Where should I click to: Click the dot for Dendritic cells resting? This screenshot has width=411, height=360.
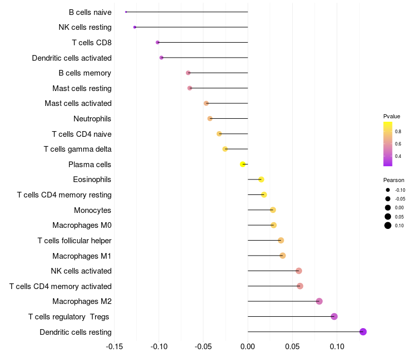click(x=363, y=332)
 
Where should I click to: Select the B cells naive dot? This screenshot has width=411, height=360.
click(x=126, y=12)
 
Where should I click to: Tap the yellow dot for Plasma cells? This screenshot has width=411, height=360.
click(x=243, y=164)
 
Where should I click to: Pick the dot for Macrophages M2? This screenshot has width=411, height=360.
click(x=319, y=301)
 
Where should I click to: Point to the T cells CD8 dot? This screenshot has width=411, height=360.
click(x=158, y=42)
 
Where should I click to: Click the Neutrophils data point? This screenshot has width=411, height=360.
click(x=210, y=118)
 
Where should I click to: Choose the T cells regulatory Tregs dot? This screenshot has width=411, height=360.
click(x=334, y=316)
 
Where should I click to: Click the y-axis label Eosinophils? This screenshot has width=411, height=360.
click(x=92, y=179)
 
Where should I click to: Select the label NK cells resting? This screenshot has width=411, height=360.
click(x=85, y=27)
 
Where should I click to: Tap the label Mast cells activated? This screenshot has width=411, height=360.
click(x=78, y=103)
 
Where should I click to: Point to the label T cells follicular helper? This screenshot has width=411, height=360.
click(x=74, y=240)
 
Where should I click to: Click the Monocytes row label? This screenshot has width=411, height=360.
click(x=92, y=210)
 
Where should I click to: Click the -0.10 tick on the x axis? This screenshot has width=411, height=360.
click(x=159, y=346)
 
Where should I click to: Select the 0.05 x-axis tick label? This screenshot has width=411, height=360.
click(x=292, y=346)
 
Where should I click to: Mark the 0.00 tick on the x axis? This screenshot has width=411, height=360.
click(x=248, y=346)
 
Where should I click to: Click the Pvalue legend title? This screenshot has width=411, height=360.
click(x=391, y=116)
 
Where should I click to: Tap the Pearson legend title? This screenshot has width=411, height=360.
click(x=394, y=180)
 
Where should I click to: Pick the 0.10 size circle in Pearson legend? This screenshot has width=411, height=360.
click(x=388, y=225)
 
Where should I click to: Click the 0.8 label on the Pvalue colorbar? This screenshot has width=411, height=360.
click(x=398, y=132)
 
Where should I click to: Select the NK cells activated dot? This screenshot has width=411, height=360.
click(x=299, y=271)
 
